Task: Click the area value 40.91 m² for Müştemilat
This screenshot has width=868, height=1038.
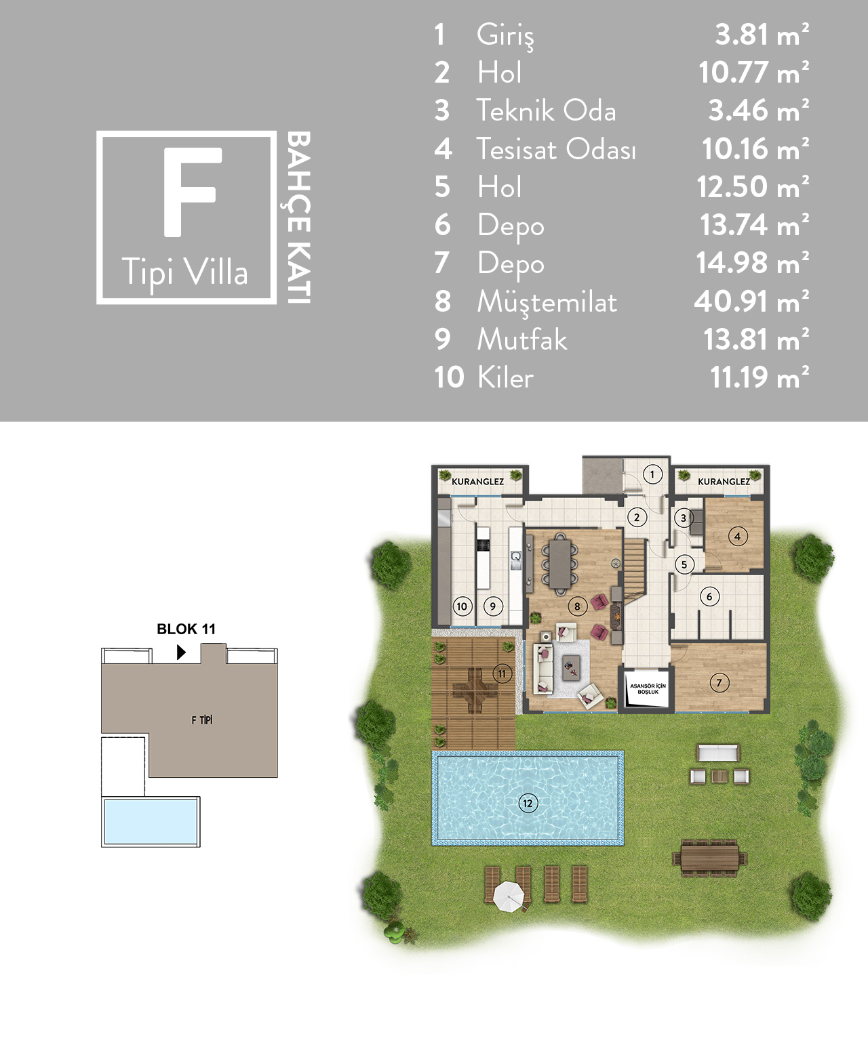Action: pos(751,302)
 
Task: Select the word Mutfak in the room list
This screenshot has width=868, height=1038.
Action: pos(522,339)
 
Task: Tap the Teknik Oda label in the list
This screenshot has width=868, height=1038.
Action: pos(546,110)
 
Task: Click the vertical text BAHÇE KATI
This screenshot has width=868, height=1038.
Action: pos(299,217)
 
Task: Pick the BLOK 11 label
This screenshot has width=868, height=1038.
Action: pos(186,629)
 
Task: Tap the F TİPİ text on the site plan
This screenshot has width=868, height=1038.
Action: pos(202,720)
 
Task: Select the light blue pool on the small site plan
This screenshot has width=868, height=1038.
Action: pos(151,821)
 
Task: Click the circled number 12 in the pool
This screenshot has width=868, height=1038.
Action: pos(528,803)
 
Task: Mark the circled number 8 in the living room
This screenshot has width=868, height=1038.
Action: pos(577,606)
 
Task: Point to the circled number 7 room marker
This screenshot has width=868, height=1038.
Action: pos(719,682)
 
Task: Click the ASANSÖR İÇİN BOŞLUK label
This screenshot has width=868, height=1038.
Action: pos(648,688)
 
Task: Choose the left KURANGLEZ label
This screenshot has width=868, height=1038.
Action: pos(478,482)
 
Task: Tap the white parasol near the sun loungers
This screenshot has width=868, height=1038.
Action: pos(509,896)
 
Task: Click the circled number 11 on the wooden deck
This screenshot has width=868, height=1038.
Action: pos(502,673)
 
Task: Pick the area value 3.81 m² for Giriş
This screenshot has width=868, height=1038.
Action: pos(762,35)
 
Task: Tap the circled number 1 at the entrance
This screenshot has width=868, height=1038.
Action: pos(652,474)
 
